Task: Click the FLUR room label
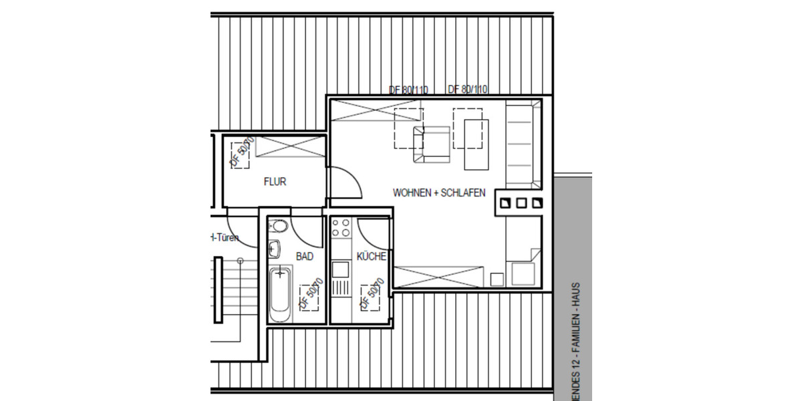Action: pos(275,181)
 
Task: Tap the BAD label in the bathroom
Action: pos(305,256)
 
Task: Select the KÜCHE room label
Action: pos(372,256)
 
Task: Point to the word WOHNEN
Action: pos(411,192)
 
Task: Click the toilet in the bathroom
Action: pos(280,226)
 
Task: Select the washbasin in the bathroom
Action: pos(274,250)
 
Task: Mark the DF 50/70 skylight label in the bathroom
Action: pos(311,294)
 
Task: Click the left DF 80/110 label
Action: pos(408,90)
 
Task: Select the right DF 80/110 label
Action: pos(468,90)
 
